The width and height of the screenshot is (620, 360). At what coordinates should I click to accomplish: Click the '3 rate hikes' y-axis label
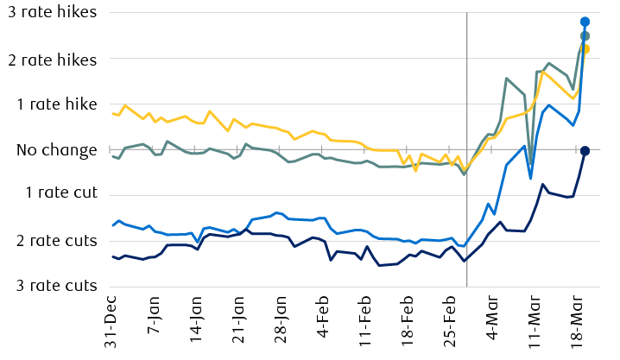coord(52,14)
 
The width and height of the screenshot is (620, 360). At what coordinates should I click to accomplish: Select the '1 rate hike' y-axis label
coord(57,104)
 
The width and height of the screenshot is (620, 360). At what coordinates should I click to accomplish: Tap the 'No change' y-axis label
coord(57,150)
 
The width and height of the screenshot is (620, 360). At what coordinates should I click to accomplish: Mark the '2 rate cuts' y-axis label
coord(57,240)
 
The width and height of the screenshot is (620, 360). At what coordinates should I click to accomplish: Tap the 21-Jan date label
coord(237,322)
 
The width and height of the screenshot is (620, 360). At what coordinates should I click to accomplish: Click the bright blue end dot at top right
coord(585,22)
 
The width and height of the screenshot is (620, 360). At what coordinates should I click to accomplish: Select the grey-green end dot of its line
coord(585,36)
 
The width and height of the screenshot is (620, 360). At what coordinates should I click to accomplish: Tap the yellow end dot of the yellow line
coord(585,49)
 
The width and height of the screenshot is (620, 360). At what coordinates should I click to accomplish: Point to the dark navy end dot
coord(585,151)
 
